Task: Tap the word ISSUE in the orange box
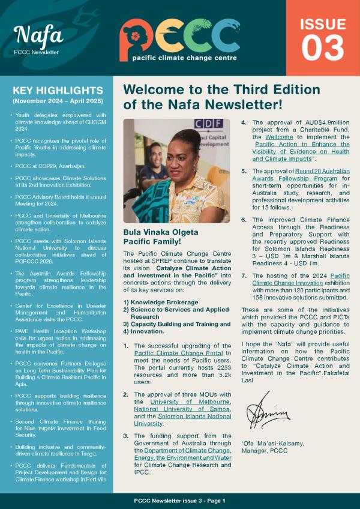[x=322, y=24]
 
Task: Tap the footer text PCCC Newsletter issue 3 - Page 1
[x=180, y=500]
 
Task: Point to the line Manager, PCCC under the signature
[x=270, y=451]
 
